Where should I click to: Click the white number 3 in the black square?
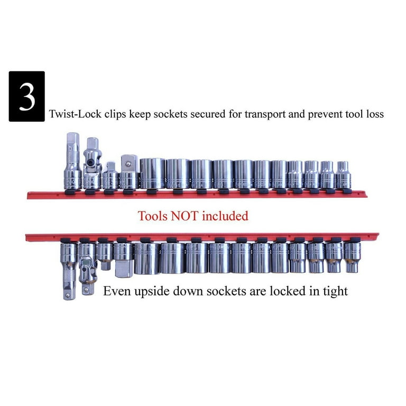(27, 97)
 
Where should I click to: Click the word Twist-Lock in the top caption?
(75, 114)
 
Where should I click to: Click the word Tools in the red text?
(152, 216)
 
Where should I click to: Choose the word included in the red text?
(225, 216)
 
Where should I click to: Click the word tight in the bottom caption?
(335, 292)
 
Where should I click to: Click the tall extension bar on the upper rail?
(73, 161)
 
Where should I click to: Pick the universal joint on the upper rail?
(93, 163)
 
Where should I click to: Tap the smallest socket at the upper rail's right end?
(343, 175)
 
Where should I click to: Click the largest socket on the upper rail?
(152, 173)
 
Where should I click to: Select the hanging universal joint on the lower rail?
(88, 269)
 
